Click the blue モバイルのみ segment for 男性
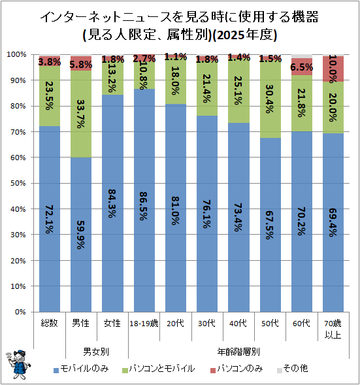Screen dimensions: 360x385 pyautogui.click(x=81, y=235)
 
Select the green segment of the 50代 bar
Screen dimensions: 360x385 pyautogui.click(x=270, y=99)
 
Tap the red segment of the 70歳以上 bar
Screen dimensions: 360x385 pyautogui.click(x=333, y=69)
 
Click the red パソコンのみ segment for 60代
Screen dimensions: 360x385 pyautogui.click(x=302, y=67)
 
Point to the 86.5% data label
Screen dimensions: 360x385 pyautogui.click(x=144, y=206)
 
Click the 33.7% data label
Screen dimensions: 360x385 pyautogui.click(x=81, y=114)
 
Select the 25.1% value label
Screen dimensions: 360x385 pyautogui.click(x=238, y=90)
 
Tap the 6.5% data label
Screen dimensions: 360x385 pyautogui.click(x=302, y=67)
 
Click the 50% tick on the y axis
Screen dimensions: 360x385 pyautogui.click(x=18, y=183)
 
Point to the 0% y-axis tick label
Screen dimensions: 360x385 pyautogui.click(x=20, y=312)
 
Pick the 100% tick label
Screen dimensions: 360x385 pyautogui.click(x=17, y=54)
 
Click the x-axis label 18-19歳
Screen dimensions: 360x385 pyautogui.click(x=144, y=324)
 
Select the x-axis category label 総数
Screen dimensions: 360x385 pyautogui.click(x=49, y=323)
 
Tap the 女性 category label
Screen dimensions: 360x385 pyautogui.click(x=112, y=323)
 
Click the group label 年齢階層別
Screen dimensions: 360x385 pyautogui.click(x=238, y=352)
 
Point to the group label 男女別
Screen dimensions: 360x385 pyautogui.click(x=96, y=352)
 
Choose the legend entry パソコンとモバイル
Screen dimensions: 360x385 pyautogui.click(x=159, y=369)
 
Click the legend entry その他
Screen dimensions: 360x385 pyautogui.click(x=293, y=369)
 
